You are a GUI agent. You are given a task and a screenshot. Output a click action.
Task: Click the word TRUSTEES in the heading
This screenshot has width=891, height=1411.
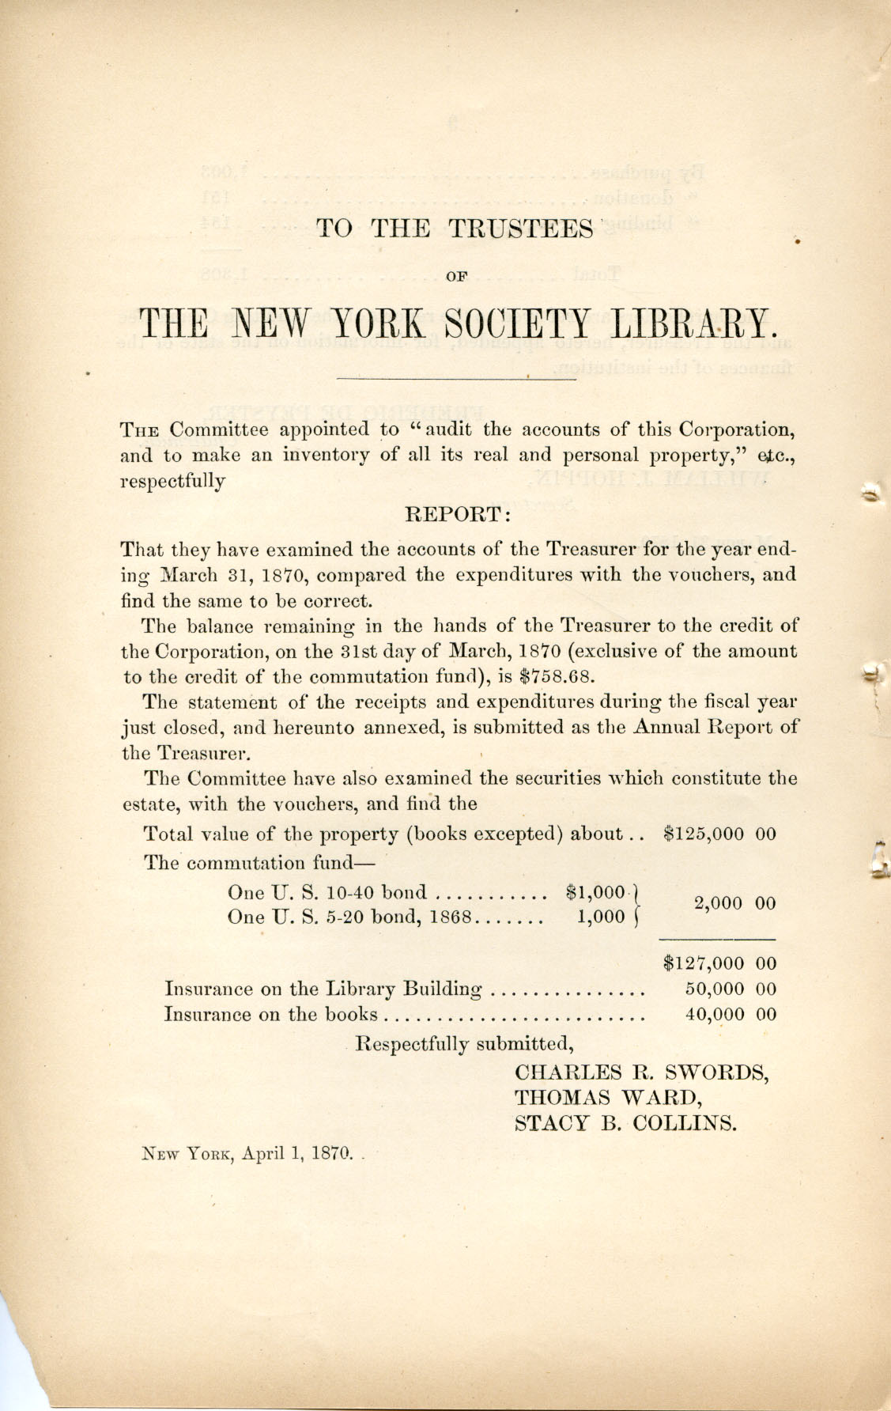point(521,229)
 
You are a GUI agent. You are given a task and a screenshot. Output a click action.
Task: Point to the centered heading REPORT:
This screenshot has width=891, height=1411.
point(459,515)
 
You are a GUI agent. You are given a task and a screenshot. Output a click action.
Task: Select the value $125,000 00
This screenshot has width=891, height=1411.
point(720,834)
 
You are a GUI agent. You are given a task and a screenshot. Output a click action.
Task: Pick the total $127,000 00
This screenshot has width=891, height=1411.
point(720,963)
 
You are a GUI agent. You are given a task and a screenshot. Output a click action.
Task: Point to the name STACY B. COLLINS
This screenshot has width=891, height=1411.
point(625,1124)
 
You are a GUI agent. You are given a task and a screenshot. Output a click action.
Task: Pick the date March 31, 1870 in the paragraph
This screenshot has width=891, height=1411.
point(228,574)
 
